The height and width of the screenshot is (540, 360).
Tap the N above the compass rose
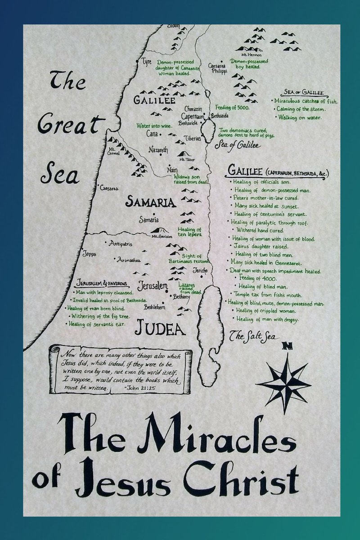click(x=285, y=346)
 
